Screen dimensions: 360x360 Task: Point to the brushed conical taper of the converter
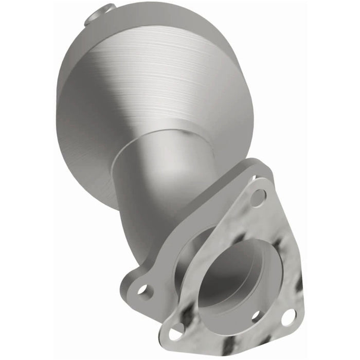click(170, 87)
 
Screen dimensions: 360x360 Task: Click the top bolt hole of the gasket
click(258, 196)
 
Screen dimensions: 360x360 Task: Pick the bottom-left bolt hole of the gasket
click(176, 333)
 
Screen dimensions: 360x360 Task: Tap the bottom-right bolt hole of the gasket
click(289, 317)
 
